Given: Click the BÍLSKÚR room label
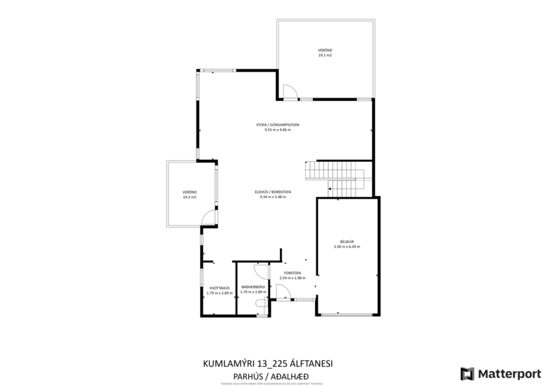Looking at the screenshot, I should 347,241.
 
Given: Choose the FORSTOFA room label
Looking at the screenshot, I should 293,273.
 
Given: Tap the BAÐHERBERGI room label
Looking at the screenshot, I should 253,286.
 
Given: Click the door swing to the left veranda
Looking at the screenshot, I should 210,217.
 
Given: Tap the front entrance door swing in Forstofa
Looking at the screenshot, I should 281,291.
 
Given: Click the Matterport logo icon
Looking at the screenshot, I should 467,374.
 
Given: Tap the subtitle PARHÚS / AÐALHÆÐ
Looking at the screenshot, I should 273,375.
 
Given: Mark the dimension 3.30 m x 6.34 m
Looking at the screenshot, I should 347,247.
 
